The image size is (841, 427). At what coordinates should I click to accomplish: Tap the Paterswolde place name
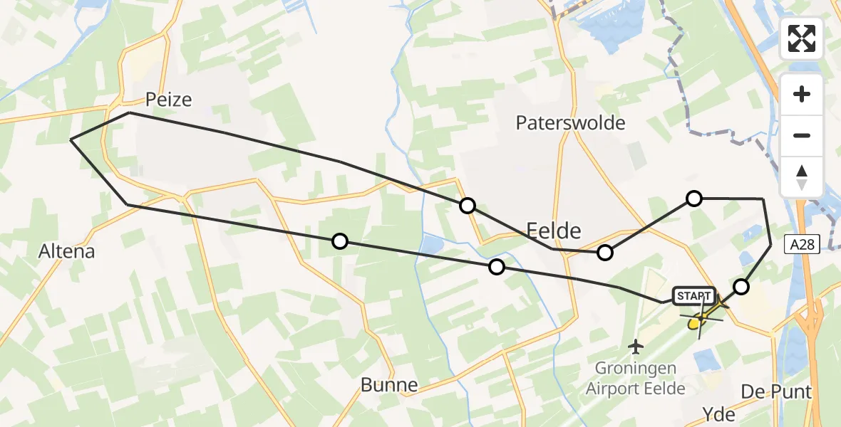coord(570,122)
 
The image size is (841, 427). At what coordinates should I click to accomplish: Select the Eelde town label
coord(553,229)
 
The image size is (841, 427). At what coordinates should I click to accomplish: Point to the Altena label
coord(67,251)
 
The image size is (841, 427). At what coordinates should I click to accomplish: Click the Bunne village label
coord(389,386)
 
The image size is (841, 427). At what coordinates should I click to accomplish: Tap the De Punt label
coord(776,391)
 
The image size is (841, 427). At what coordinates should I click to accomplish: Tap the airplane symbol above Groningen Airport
coord(636,347)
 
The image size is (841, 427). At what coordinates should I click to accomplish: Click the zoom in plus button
coord(802,94)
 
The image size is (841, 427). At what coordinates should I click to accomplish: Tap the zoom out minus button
coord(802,135)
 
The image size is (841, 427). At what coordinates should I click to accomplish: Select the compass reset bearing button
coord(802,176)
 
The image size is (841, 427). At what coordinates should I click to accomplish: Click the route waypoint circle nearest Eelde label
coord(605,252)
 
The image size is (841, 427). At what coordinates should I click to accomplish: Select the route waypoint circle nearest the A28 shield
coord(741,287)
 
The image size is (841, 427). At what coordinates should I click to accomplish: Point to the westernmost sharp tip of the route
coord(71,140)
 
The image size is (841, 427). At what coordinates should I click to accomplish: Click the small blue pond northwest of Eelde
coord(432,246)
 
